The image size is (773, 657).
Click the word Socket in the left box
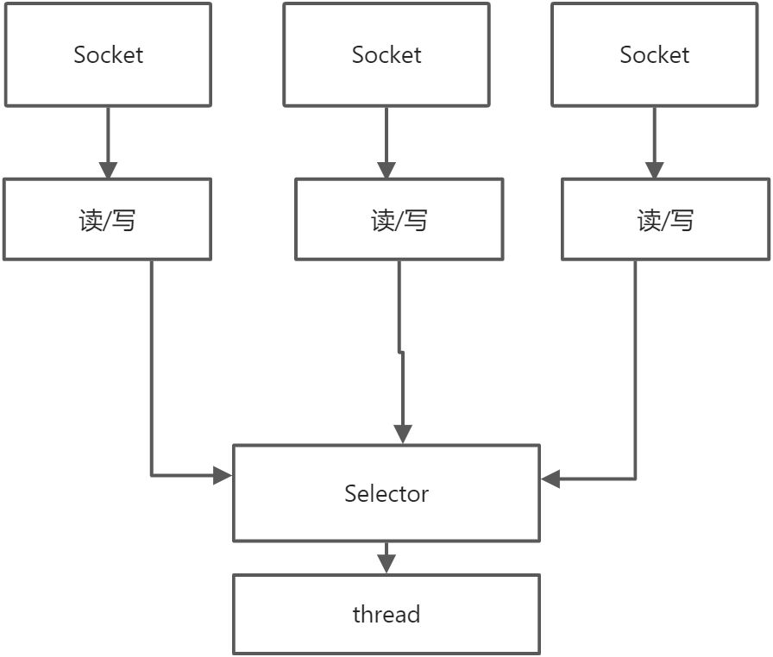108,55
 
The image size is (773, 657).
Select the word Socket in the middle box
386,55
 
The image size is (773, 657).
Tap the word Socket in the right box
654,55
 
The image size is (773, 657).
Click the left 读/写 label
107,221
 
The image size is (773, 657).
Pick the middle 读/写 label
399,221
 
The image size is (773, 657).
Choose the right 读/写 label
665,221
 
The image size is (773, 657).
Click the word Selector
386,494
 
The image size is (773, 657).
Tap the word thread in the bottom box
386,615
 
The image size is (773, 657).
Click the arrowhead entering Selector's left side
223,475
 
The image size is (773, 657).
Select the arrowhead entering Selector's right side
550,479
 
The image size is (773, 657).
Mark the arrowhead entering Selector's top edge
402,434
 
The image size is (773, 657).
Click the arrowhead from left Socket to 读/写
108,169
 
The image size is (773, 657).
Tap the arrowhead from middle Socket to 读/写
386,169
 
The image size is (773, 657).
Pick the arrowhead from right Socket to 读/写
654,169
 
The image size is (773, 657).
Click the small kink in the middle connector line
400,352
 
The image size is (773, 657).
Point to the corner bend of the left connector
152,475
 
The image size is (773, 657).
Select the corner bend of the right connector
636,479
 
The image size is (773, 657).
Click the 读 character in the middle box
382,221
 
